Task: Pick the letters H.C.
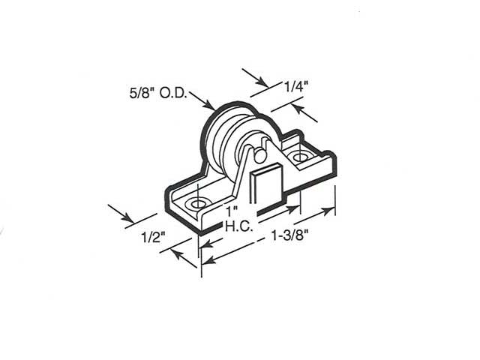pos(237,223)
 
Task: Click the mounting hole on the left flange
pos(198,203)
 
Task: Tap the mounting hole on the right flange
pos(301,158)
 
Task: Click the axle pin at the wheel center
pos(256,154)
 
